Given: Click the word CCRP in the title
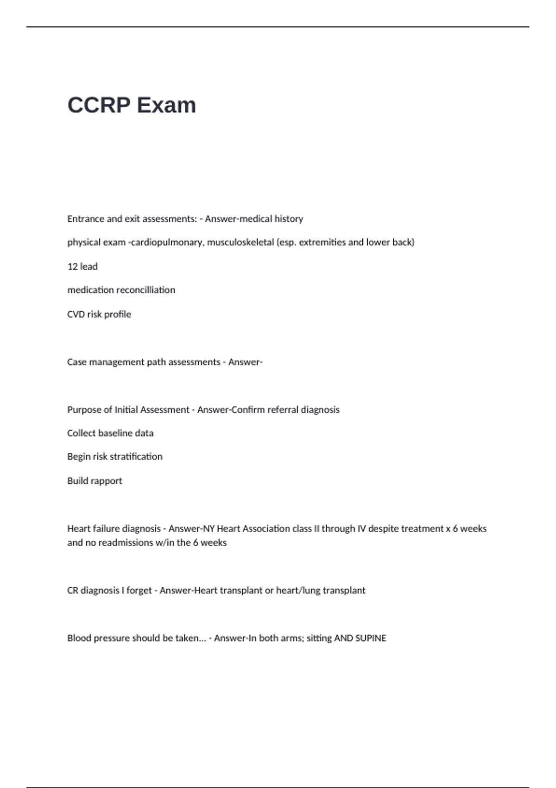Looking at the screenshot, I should tap(99, 105).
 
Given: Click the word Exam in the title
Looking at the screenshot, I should tap(166, 105).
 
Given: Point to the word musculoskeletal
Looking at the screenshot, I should tap(240, 242).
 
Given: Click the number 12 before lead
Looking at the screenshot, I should tap(72, 267).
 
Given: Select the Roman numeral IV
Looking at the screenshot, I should tap(361, 528).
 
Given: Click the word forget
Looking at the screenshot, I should tap(139, 591).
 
